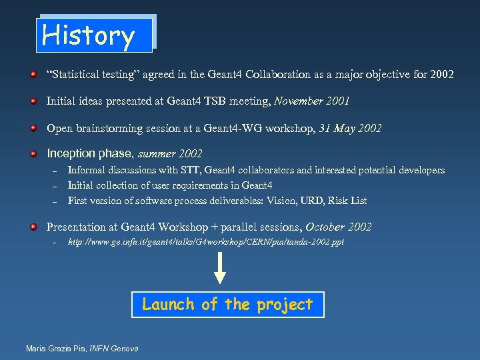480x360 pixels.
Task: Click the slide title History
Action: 89,35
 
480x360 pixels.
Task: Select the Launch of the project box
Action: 227,305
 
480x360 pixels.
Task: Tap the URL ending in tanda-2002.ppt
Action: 206,242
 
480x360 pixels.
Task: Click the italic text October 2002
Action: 339,227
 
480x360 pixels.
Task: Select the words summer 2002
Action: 170,154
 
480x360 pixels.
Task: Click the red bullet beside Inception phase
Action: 33,154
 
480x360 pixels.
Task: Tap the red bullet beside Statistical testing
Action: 33,75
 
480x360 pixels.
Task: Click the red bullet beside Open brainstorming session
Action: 33,128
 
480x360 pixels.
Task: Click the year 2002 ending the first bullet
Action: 441,75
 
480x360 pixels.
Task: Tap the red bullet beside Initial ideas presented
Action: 33,101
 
